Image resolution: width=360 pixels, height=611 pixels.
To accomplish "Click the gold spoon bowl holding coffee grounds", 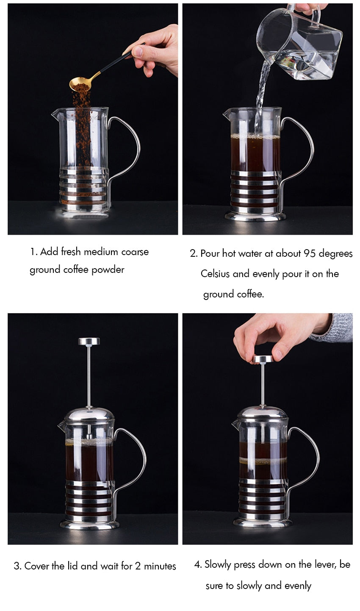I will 80,86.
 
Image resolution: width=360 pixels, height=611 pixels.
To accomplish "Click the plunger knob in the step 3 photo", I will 89,341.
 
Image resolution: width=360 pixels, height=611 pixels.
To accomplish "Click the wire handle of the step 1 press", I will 129,148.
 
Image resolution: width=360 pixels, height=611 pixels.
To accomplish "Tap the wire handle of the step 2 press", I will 303,148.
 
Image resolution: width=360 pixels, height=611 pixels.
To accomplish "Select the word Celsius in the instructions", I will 215,274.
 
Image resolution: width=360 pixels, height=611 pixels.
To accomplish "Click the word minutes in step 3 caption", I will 160,566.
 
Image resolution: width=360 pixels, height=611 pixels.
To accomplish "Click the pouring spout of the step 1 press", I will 54,113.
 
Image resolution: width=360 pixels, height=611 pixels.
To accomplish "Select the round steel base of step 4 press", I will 263,522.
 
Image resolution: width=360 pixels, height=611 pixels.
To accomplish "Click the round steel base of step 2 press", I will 255,217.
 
